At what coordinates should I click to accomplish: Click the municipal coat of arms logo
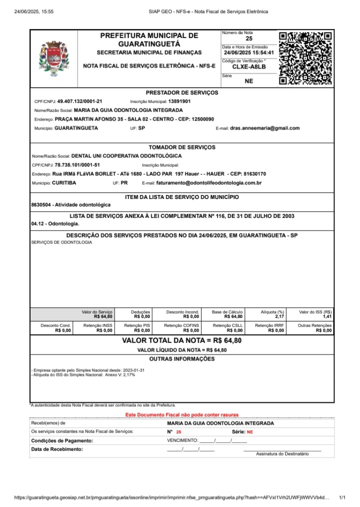pos(53,58)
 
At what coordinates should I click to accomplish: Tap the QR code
pos(305,57)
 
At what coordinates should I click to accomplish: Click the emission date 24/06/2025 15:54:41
pos(248,52)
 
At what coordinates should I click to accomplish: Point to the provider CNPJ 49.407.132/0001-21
pos(79,101)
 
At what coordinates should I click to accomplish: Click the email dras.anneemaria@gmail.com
pos(264,128)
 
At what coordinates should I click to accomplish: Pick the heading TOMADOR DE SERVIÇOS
pos(182,147)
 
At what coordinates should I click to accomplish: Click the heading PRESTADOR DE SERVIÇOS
pos(182,92)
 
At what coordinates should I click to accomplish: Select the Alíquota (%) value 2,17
pos(279,316)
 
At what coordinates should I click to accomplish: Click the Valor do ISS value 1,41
pos(327,316)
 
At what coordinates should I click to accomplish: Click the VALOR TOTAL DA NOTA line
pos(182,340)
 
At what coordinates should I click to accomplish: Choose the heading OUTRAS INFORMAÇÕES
pos(182,359)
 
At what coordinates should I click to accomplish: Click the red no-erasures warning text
pos(182,415)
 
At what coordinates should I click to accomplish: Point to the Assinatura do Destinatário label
pos(282,453)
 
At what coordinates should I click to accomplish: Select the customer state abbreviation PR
pos(124,183)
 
